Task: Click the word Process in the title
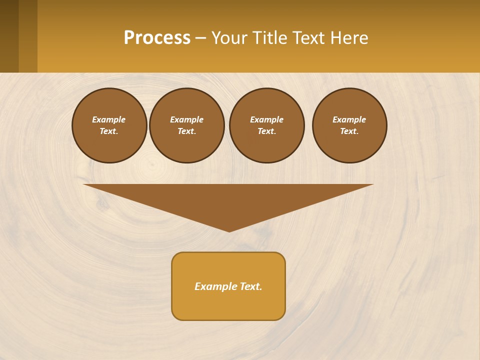coord(157,37)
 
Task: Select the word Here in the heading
coord(349,37)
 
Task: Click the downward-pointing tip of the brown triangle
coord(229,230)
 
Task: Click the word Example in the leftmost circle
coord(109,119)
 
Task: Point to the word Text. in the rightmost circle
coord(349,131)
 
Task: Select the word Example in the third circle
coord(267,119)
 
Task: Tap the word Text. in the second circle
coord(187,131)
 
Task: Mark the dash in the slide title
coord(201,38)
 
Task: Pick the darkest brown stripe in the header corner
coord(9,36)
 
